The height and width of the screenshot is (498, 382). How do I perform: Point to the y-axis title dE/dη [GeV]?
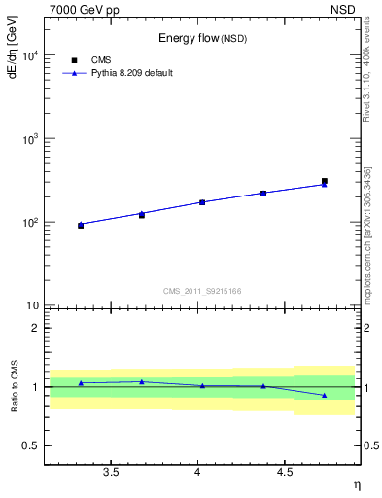pos(13,49)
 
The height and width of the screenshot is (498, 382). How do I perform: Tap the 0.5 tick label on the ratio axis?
pos(31,446)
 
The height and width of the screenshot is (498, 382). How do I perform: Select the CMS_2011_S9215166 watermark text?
pos(202,290)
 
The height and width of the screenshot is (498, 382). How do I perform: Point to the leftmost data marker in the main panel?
pos(81,225)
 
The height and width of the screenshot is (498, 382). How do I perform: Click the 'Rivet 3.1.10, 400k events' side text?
pos(366,68)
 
